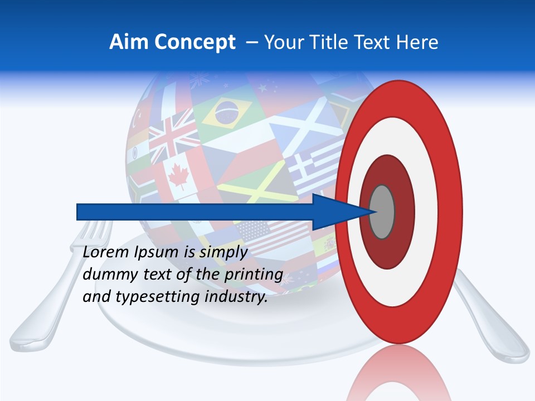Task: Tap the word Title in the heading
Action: pyautogui.click(x=338, y=42)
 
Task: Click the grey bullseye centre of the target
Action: pyautogui.click(x=382, y=212)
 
